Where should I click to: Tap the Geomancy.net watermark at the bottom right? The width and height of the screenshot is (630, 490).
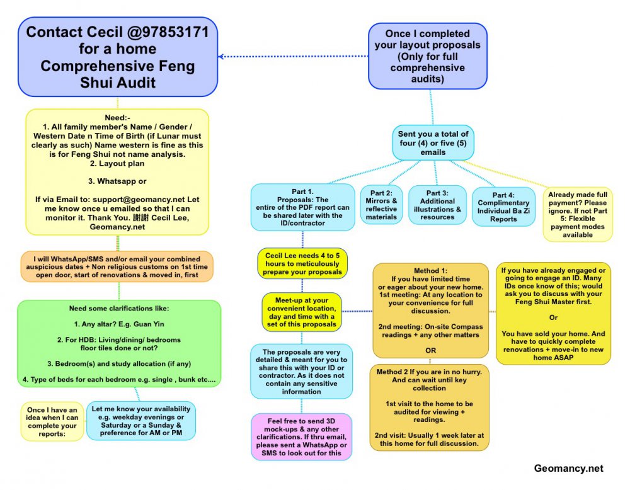[568, 468]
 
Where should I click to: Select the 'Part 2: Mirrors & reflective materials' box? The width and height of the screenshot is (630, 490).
[382, 205]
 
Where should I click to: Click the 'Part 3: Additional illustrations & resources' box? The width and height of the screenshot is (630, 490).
[437, 205]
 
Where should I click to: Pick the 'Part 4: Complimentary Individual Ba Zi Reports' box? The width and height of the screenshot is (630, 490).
[504, 207]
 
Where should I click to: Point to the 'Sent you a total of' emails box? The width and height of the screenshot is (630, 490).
[432, 143]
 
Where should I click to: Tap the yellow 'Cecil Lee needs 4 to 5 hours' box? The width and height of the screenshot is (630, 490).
[302, 263]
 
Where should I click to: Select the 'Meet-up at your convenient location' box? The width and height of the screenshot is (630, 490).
[302, 312]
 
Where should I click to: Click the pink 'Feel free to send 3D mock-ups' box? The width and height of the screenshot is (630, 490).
[302, 435]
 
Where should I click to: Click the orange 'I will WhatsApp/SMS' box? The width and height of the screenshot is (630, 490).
[117, 266]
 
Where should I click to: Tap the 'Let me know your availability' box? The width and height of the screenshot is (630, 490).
[141, 420]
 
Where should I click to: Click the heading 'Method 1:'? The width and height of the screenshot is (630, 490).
[431, 270]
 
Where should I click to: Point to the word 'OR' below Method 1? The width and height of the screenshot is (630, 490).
[431, 350]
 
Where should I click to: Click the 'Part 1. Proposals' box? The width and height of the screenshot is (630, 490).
[302, 207]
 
